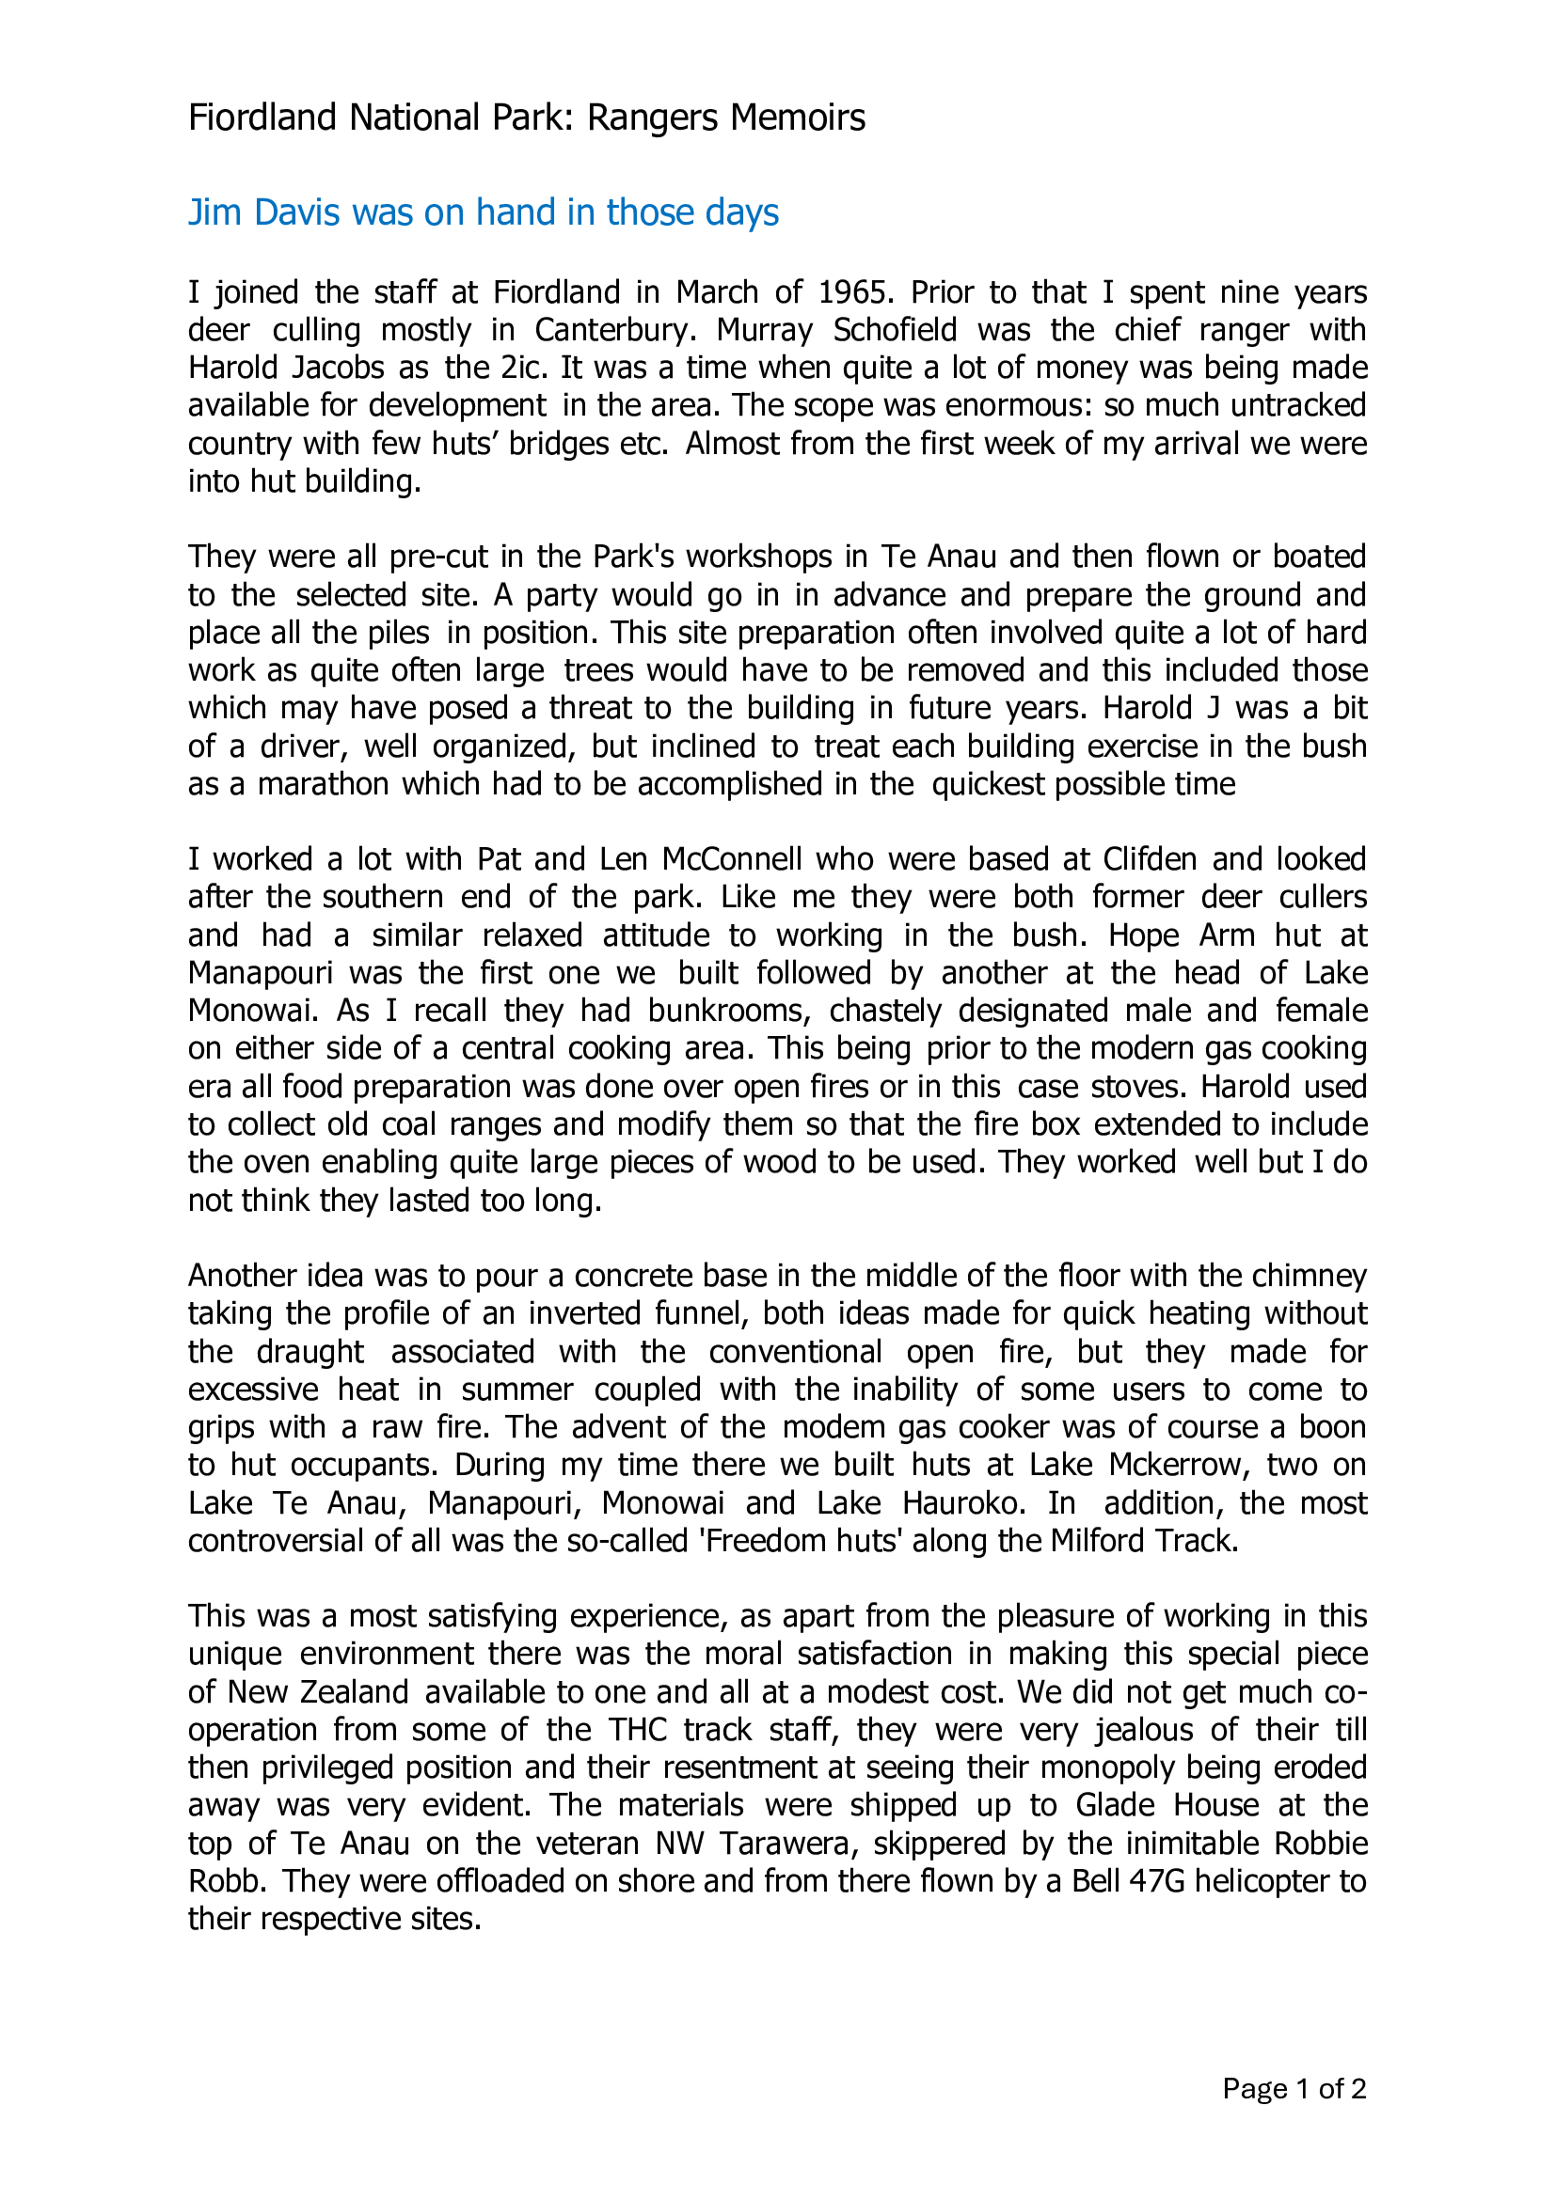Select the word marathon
coord(323,784)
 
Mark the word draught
coord(310,1351)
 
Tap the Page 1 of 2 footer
coord(1294,2089)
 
